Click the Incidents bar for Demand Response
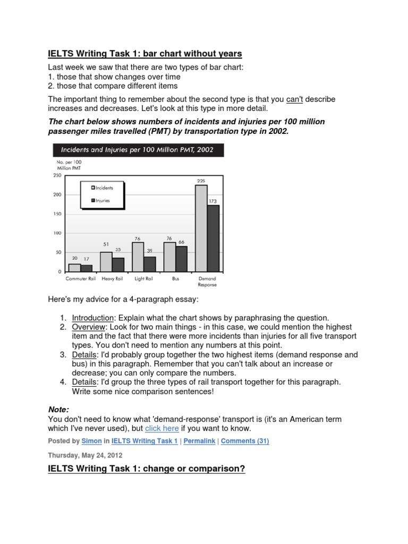coord(201,228)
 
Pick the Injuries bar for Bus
coord(182,259)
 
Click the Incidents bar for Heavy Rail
coord(106,261)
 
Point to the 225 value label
coord(201,181)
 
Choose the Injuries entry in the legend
coord(103,200)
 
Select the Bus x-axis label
coord(175,278)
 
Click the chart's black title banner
coord(137,150)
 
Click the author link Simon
coord(88,441)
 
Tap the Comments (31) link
coord(245,441)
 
